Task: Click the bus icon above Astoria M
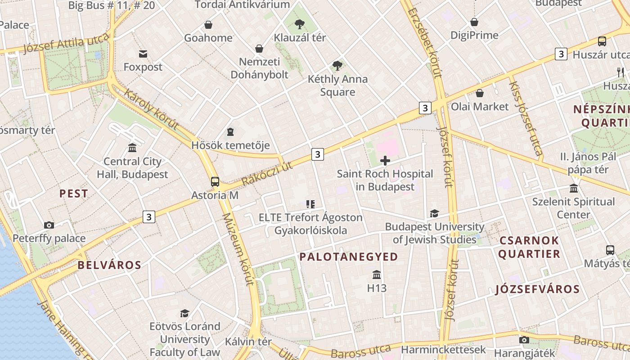(215, 182)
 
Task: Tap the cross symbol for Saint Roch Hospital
(385, 161)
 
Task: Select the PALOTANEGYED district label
(349, 257)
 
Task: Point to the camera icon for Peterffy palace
(49, 225)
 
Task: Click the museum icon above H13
(377, 274)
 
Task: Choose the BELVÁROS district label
(109, 265)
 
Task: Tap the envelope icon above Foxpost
(143, 54)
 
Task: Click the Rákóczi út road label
(267, 174)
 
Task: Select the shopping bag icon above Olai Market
(480, 93)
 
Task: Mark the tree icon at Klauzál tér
(300, 24)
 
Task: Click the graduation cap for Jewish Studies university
(434, 213)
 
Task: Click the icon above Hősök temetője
(230, 132)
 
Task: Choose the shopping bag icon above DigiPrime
(474, 22)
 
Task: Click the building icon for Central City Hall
(132, 148)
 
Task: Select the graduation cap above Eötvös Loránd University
(184, 313)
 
